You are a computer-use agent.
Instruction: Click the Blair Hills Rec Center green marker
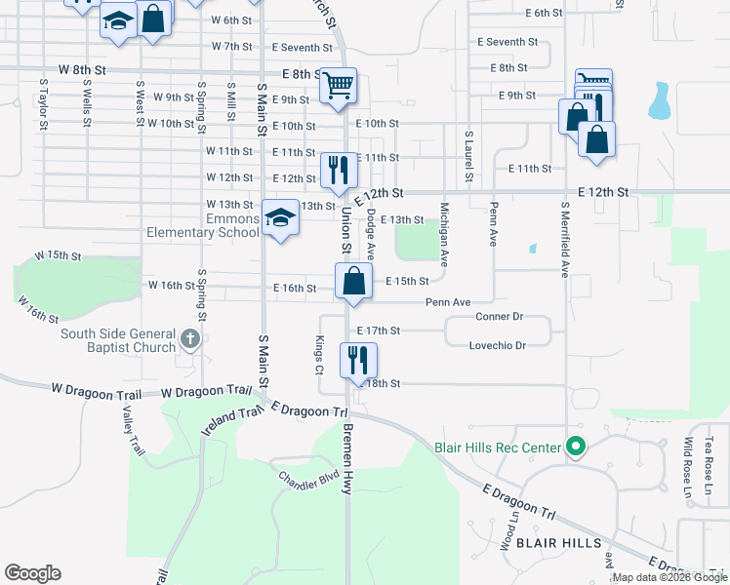576,448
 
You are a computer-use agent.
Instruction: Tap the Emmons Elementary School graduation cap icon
280,218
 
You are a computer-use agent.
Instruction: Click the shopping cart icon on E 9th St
339,86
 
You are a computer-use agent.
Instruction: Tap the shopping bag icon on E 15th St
354,281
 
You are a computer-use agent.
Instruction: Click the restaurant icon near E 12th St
339,170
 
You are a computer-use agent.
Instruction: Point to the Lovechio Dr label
498,345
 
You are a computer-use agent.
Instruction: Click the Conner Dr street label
500,317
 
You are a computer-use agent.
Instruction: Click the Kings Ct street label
319,356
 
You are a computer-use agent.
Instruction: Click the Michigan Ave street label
444,235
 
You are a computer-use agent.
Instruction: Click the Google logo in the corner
32,573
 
